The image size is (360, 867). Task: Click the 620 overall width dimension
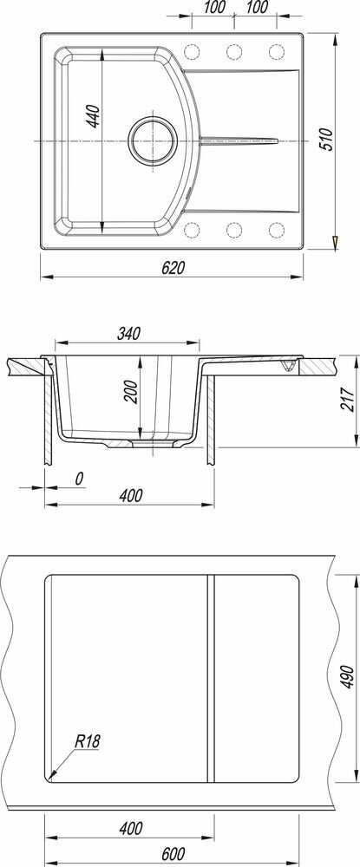coord(172,268)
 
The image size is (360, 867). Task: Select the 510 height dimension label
coord(327,140)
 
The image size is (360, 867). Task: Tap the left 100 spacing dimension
coord(214,7)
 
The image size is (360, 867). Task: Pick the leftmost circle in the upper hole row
coord(192,52)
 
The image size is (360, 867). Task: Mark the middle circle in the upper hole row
coord(234,52)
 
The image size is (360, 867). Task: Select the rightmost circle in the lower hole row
coord(277,230)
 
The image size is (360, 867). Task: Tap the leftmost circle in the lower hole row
coord(192,230)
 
